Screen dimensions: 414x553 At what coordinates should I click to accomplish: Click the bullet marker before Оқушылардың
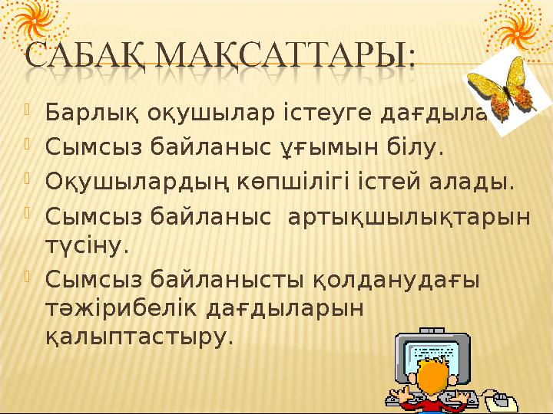(28, 181)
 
